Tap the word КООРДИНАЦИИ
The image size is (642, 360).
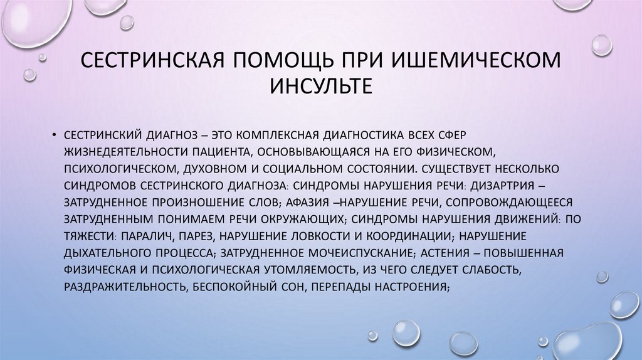(403, 236)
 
